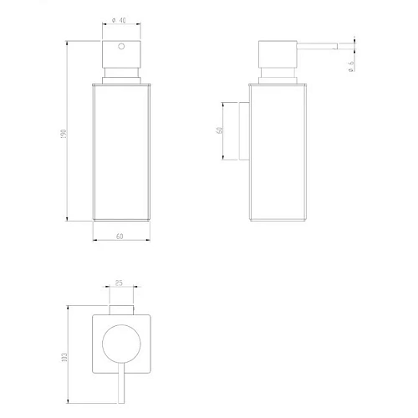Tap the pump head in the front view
(x=120, y=58)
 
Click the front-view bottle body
(x=120, y=150)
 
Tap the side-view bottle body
(x=277, y=150)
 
